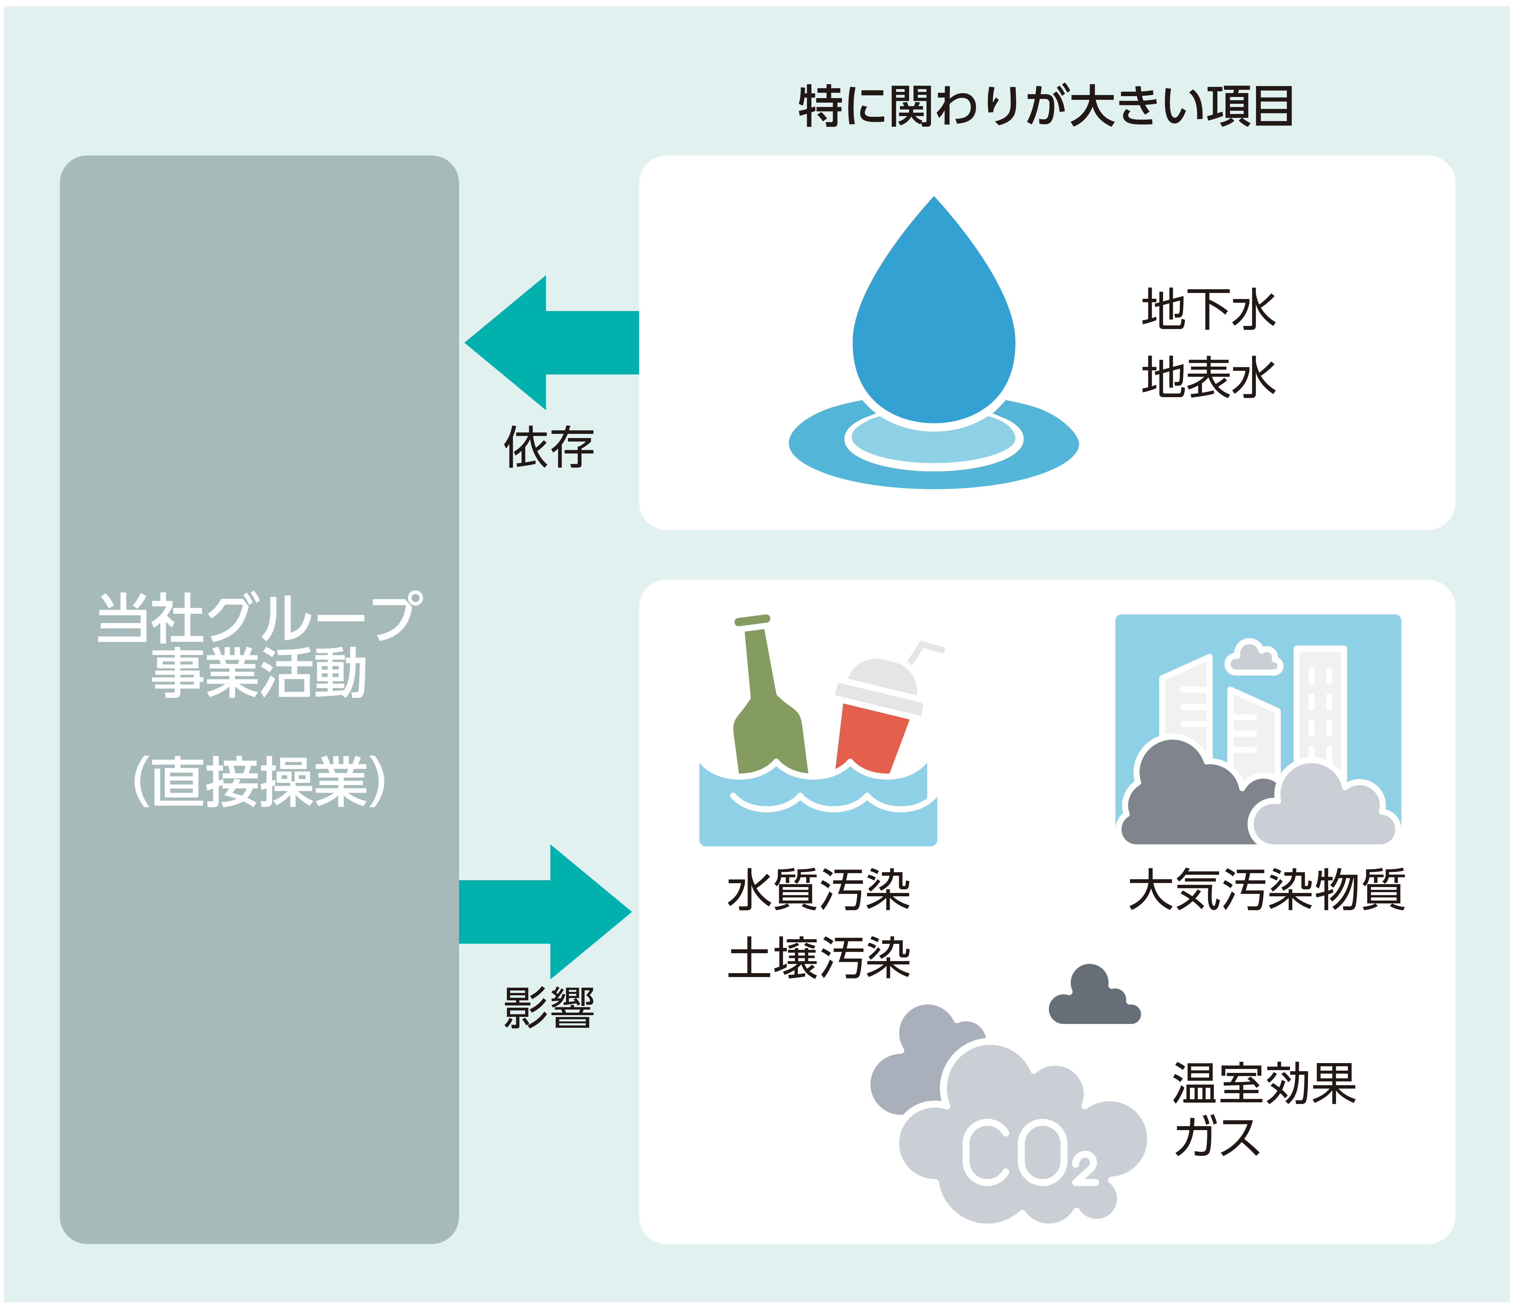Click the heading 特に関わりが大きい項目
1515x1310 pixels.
point(1046,107)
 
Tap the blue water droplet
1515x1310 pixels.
point(934,322)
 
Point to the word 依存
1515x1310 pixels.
point(548,448)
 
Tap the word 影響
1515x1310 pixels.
point(548,1008)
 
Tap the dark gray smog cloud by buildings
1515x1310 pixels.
point(1177,797)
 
